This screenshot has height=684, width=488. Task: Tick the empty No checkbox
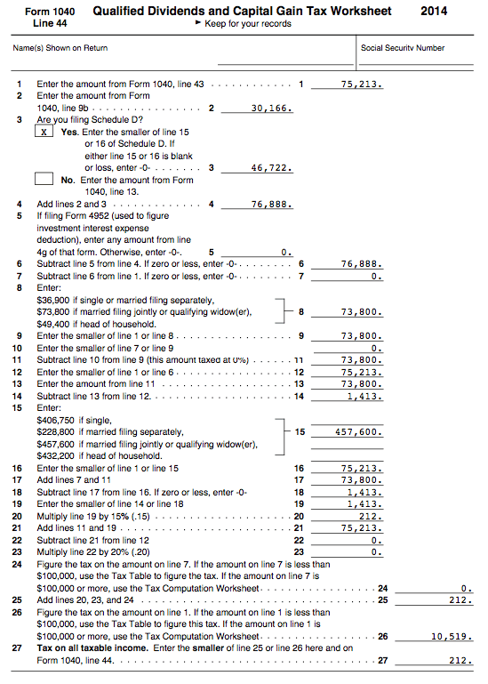(44, 179)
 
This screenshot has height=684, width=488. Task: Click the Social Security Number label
(403, 47)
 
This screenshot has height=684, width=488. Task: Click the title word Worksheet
(355, 12)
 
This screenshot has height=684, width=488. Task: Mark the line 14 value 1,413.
(364, 395)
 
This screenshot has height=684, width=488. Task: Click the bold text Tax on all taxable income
(95, 648)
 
